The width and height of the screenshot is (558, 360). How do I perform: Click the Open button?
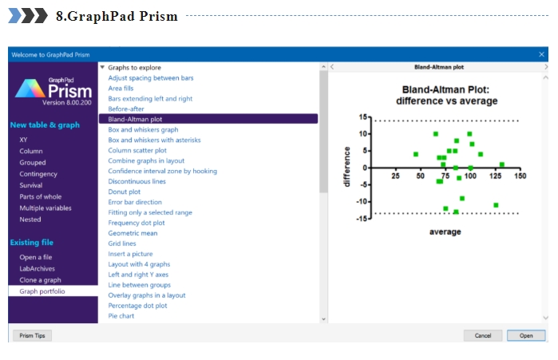[x=526, y=335]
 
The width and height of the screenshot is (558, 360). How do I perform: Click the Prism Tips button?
[x=33, y=335]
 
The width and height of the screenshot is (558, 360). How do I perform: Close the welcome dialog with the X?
[x=541, y=54]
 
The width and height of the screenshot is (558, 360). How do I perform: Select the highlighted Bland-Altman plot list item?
[x=208, y=119]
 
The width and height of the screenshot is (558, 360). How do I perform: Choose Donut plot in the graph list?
[x=125, y=192]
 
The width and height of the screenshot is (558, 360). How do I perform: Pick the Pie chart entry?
[x=121, y=316]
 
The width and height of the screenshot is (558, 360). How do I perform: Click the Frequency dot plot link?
[x=137, y=223]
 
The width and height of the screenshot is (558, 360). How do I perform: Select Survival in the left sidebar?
[x=31, y=185]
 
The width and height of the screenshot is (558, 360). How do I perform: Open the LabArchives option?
[x=37, y=268]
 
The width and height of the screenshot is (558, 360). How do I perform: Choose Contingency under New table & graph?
[x=38, y=174]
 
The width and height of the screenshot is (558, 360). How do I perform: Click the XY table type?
[x=23, y=140]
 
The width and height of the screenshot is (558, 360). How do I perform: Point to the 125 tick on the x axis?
[x=495, y=176]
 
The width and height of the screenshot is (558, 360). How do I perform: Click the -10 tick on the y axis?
[x=362, y=201]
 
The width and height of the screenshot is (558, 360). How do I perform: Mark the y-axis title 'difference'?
[x=346, y=167]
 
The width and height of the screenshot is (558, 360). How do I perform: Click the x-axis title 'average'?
[x=445, y=231]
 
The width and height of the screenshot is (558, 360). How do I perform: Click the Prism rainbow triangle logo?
[x=30, y=89]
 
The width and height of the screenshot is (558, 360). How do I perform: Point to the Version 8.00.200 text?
[x=67, y=102]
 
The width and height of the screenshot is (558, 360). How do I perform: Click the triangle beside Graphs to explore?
[x=102, y=67]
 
